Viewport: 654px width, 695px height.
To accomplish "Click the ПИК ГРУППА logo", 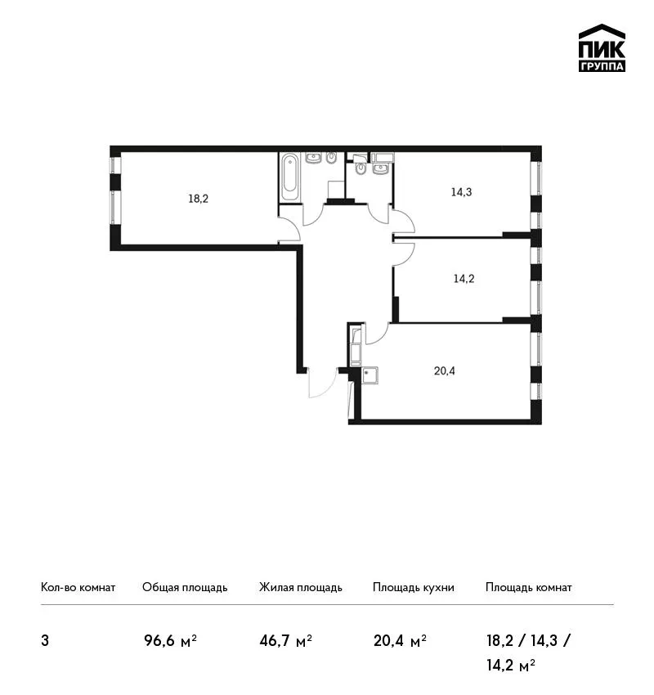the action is pyautogui.click(x=602, y=48).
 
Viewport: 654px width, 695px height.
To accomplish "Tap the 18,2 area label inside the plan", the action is pyautogui.click(x=198, y=199).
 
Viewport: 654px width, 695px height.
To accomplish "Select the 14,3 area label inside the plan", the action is pyautogui.click(x=461, y=192).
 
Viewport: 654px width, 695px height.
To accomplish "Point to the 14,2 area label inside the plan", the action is pyautogui.click(x=464, y=278).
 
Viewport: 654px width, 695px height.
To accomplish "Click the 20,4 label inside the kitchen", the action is pyautogui.click(x=445, y=370).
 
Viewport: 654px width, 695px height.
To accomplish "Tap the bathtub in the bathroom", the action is pyautogui.click(x=289, y=177).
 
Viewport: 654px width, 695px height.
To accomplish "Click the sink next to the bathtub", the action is pyautogui.click(x=313, y=158).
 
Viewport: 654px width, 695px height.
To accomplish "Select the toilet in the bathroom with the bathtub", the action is pyautogui.click(x=331, y=158).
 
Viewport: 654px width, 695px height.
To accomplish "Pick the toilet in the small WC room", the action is pyautogui.click(x=361, y=168).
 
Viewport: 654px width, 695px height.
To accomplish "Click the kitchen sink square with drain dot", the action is pyautogui.click(x=370, y=375).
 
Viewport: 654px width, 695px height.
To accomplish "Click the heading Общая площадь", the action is pyautogui.click(x=185, y=588).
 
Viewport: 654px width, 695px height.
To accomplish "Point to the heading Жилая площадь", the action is pyautogui.click(x=301, y=588).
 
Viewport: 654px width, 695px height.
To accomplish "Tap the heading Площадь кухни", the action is pyautogui.click(x=414, y=588).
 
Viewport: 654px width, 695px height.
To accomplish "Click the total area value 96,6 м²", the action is pyautogui.click(x=170, y=640).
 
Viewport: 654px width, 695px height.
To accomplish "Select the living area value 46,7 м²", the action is pyautogui.click(x=286, y=640).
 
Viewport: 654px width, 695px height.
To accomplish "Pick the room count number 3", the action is pyautogui.click(x=45, y=641).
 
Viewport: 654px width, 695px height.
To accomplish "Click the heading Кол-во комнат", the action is pyautogui.click(x=78, y=588).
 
